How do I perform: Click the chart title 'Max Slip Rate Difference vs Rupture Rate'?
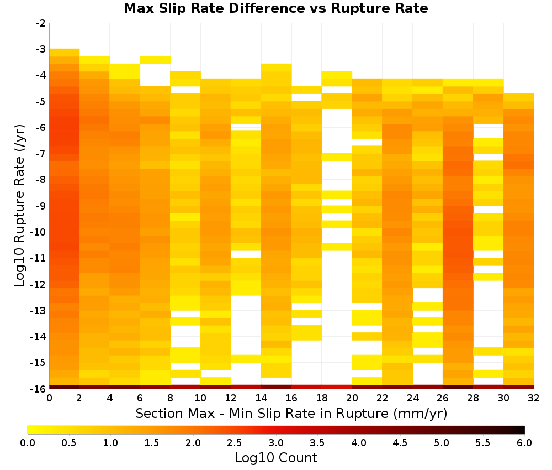click(275, 8)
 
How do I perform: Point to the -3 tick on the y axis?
click(41, 49)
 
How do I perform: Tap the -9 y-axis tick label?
click(41, 206)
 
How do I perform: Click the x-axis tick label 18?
click(321, 398)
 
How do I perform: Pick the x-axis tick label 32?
click(534, 398)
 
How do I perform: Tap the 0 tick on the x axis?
click(49, 398)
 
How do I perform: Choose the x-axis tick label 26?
click(443, 398)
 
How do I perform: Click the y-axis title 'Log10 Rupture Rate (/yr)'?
click(19, 206)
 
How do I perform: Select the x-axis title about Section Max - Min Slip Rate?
click(291, 413)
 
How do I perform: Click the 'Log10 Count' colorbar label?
click(275, 458)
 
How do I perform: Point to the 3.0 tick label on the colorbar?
click(275, 442)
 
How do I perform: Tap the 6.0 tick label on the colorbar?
click(524, 442)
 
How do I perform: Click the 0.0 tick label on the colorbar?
click(28, 442)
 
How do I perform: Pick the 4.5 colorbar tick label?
click(400, 442)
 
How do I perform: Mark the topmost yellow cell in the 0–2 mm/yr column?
click(65, 53)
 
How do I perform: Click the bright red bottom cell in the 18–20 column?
click(337, 387)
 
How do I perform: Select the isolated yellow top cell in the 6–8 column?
click(155, 60)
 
